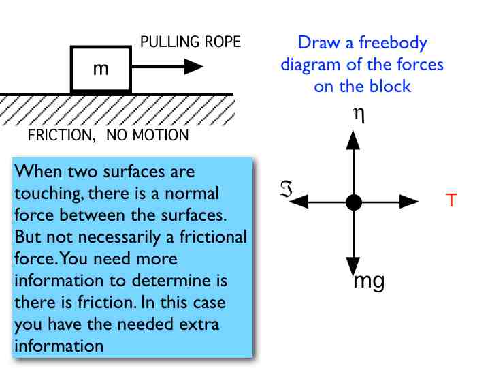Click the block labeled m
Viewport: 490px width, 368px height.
(101, 68)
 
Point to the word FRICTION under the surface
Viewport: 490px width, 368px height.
(59, 135)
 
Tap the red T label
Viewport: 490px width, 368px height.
(451, 200)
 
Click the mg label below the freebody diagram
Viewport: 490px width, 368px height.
(370, 281)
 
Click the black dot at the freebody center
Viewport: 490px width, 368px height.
(353, 202)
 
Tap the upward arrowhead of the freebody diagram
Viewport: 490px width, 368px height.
(353, 140)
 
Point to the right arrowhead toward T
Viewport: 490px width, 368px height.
(410, 202)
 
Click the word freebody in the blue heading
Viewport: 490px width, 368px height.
(394, 44)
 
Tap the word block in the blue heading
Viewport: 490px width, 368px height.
(392, 87)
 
